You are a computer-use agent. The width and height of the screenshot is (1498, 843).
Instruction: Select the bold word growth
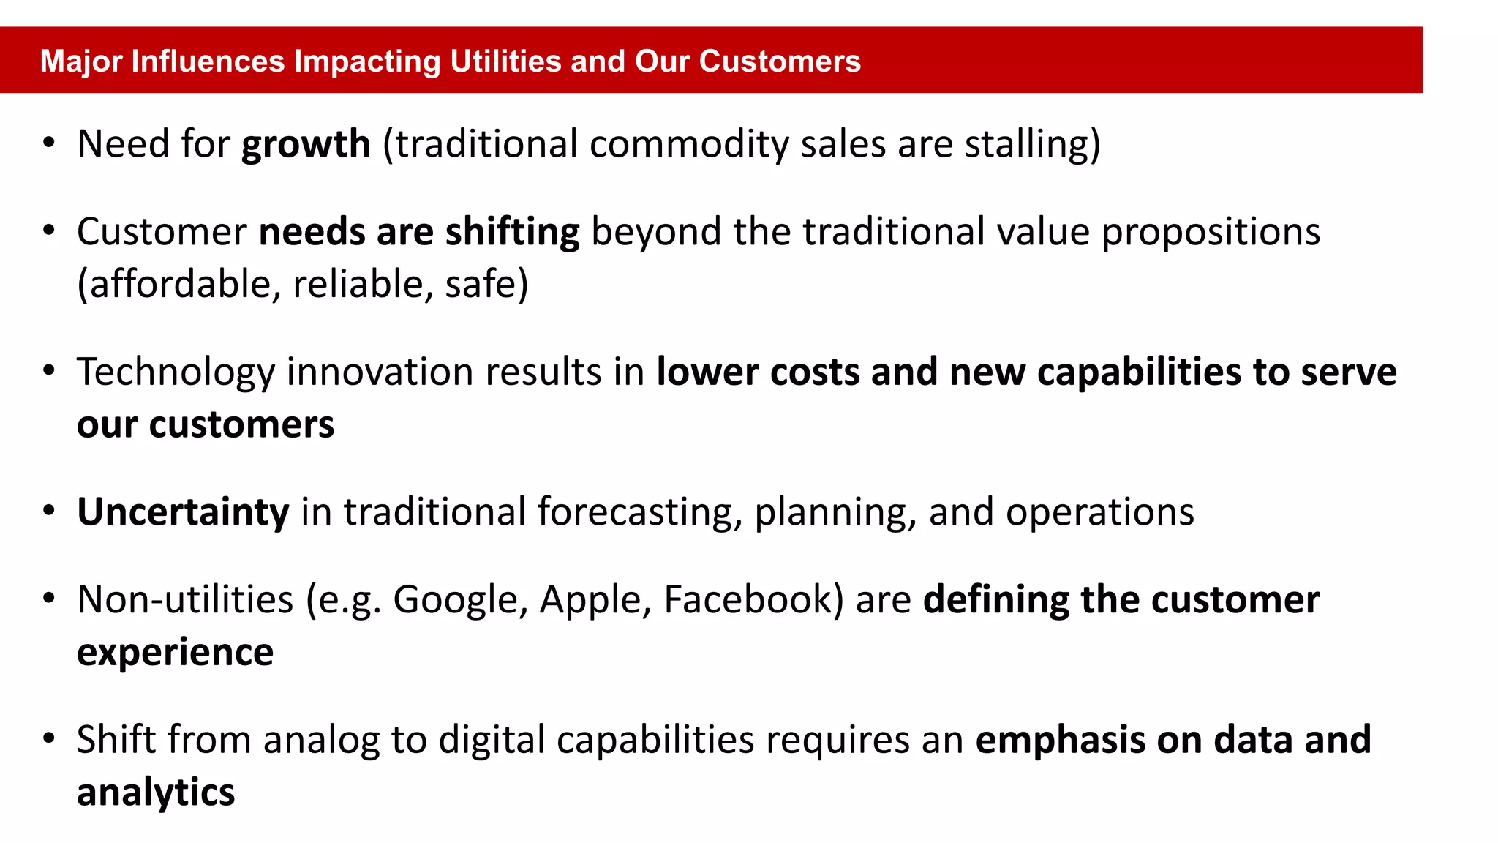pyautogui.click(x=306, y=144)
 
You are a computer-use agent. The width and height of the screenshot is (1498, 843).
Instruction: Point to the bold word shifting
pyautogui.click(x=512, y=232)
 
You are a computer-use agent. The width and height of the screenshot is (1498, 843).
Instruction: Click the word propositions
pyautogui.click(x=1211, y=232)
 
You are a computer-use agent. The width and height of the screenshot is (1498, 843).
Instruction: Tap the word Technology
pyautogui.click(x=176, y=372)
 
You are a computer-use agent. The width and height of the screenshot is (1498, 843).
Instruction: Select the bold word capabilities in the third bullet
pyautogui.click(x=1139, y=372)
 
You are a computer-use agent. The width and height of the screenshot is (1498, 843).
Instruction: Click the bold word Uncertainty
pyautogui.click(x=183, y=512)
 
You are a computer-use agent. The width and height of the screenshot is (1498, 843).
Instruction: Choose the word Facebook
pyautogui.click(x=748, y=600)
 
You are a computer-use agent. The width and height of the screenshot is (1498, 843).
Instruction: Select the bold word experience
pyautogui.click(x=175, y=652)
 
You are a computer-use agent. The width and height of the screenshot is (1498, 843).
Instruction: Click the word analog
pyautogui.click(x=321, y=740)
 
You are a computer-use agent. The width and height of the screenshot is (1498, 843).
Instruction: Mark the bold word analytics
pyautogui.click(x=156, y=793)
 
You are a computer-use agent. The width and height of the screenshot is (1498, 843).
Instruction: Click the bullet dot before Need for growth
pyautogui.click(x=49, y=143)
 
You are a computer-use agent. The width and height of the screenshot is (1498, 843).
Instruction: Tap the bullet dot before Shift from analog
pyautogui.click(x=49, y=738)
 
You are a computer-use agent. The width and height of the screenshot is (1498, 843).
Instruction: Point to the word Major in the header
pyautogui.click(x=80, y=61)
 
